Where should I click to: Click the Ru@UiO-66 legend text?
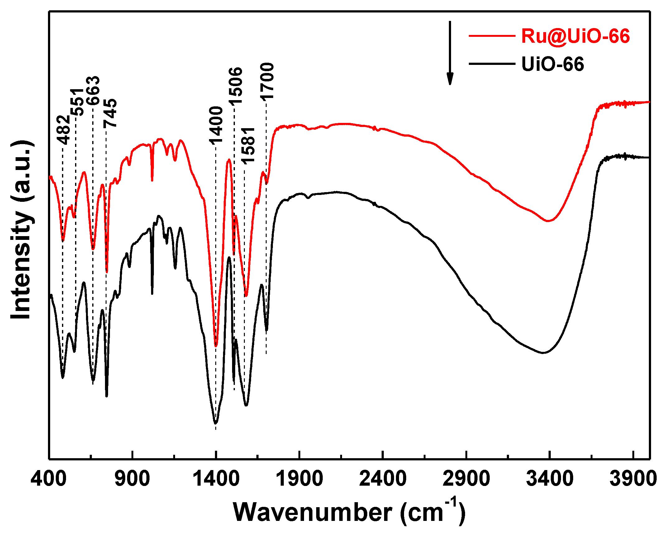click(575, 36)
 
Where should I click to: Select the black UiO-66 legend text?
click(553, 64)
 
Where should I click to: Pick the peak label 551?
click(77, 102)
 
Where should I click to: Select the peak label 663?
click(93, 90)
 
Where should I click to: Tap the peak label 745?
click(110, 113)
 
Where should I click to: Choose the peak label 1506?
click(235, 86)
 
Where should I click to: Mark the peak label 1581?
click(248, 146)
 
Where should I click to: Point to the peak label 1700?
click(267, 81)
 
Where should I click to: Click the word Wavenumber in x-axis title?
click(312, 512)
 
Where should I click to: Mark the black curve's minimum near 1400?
click(216, 423)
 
